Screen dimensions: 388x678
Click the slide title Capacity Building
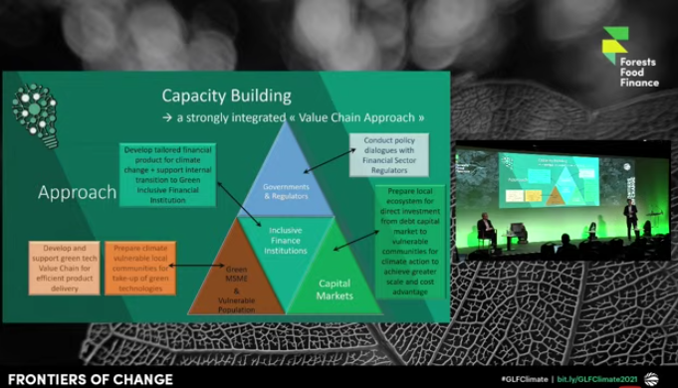pyautogui.click(x=227, y=97)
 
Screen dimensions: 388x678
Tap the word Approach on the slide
pyautogui.click(x=77, y=192)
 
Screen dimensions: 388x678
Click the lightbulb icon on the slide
pyautogui.click(x=34, y=108)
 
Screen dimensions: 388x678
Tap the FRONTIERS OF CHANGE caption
pyautogui.click(x=76, y=378)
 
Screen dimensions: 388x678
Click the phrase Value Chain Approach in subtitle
pyautogui.click(x=359, y=117)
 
